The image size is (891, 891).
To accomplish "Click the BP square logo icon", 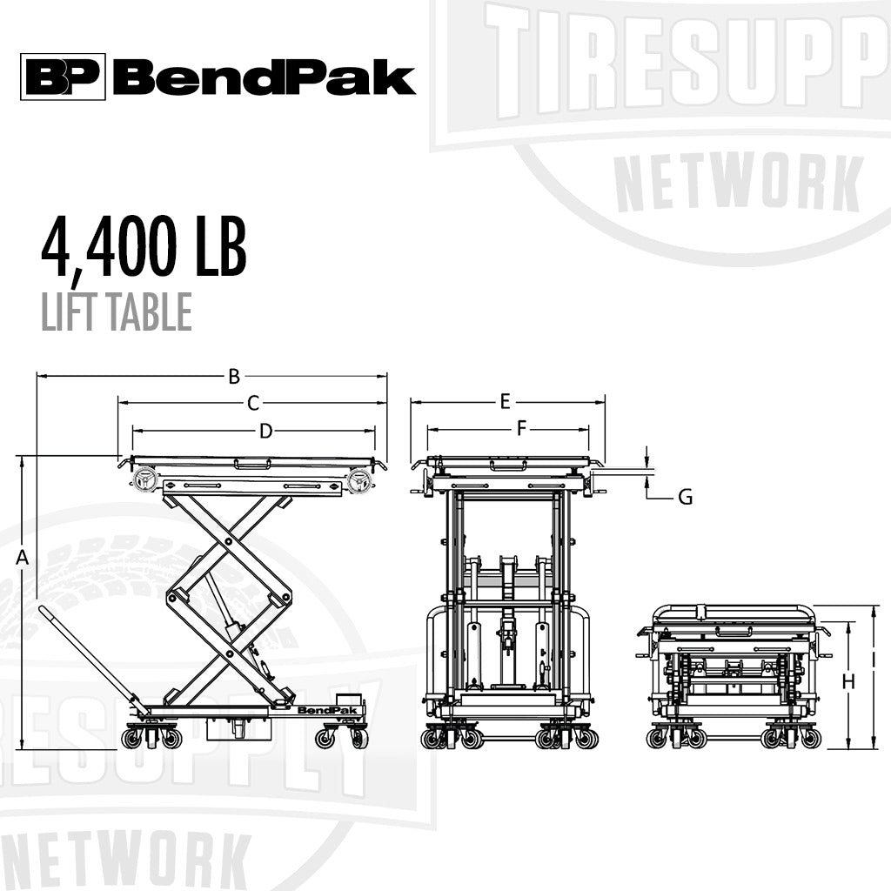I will [x=63, y=77].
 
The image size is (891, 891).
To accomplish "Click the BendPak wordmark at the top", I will [x=264, y=78].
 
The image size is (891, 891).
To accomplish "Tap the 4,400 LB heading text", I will [x=144, y=249].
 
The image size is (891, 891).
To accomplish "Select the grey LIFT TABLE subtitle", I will [x=116, y=312].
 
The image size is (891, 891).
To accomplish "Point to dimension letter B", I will [x=233, y=377].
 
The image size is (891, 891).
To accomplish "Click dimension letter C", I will [x=253, y=403].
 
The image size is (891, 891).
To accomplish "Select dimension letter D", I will [x=266, y=431].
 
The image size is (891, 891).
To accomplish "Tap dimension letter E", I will [x=505, y=402].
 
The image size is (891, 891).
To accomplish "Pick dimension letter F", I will [x=521, y=429].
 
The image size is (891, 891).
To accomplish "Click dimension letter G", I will [x=685, y=498].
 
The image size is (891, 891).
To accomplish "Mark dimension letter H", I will [x=848, y=681].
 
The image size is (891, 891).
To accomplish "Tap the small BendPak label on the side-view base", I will [x=318, y=710].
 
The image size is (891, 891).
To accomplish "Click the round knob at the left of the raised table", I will [x=144, y=480].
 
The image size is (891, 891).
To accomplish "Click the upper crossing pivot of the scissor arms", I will [x=229, y=541].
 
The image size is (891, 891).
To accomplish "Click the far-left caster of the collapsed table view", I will [x=656, y=739].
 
